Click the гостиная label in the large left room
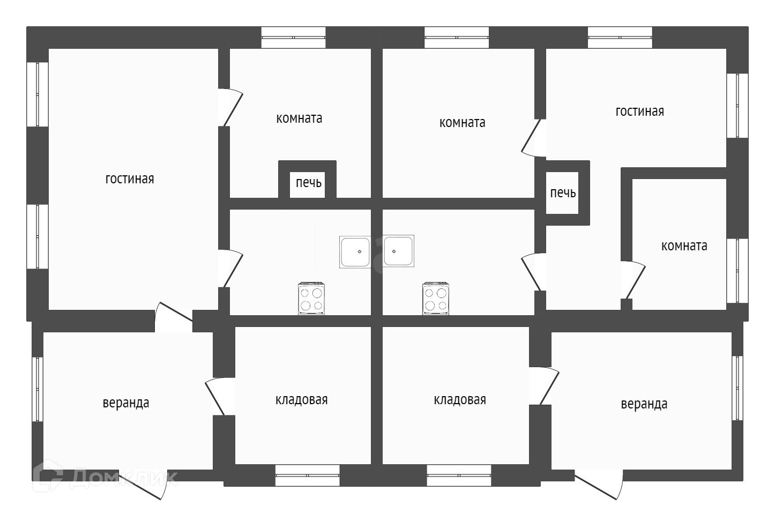point(130,179)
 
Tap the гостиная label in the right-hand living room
point(639,111)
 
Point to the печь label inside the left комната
point(309,183)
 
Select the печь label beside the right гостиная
point(563,193)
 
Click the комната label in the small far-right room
point(684,246)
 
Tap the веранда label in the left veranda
point(126,403)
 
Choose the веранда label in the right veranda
point(644,404)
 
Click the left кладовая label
point(301,400)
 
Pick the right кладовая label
point(460,400)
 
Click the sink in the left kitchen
point(355,251)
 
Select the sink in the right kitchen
point(398,251)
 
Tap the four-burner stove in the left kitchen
point(311,299)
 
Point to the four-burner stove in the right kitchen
point(435,299)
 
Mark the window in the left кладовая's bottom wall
point(307,475)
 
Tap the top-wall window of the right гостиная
point(620,38)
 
